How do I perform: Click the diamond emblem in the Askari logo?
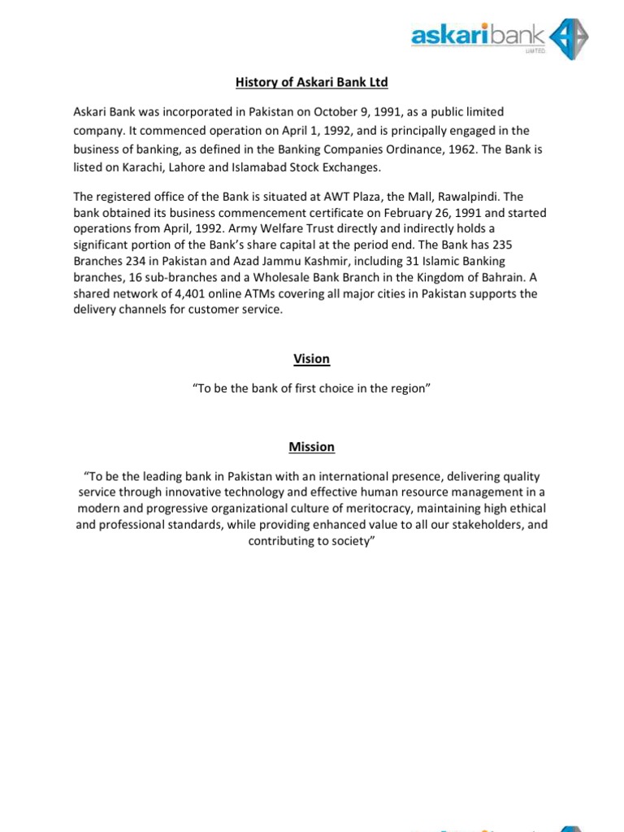568,38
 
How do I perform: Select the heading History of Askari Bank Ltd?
312,82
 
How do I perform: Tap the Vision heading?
312,359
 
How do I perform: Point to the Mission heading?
312,447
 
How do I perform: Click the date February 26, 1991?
388,213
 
